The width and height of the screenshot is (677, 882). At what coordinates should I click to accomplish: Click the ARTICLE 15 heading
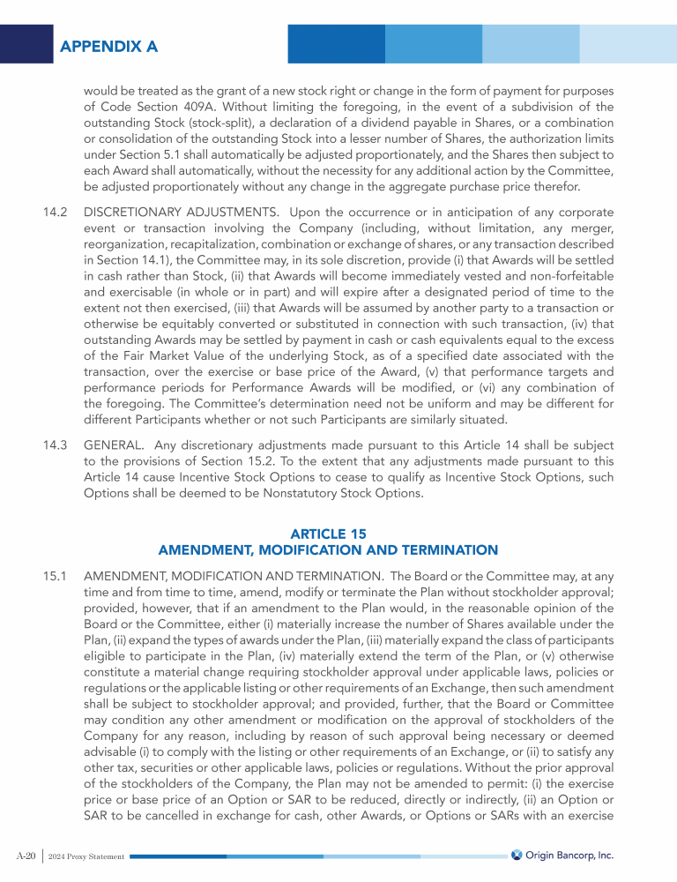(x=328, y=534)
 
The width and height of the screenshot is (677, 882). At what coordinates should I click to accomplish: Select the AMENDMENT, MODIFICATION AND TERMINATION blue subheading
(x=328, y=550)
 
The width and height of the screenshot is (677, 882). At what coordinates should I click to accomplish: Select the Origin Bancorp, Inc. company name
(x=569, y=855)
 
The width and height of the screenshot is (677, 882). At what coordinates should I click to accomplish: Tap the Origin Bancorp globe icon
(x=517, y=855)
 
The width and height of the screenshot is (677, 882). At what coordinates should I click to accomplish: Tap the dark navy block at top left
(x=26, y=44)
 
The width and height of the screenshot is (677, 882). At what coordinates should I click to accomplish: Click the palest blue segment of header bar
(x=628, y=44)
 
